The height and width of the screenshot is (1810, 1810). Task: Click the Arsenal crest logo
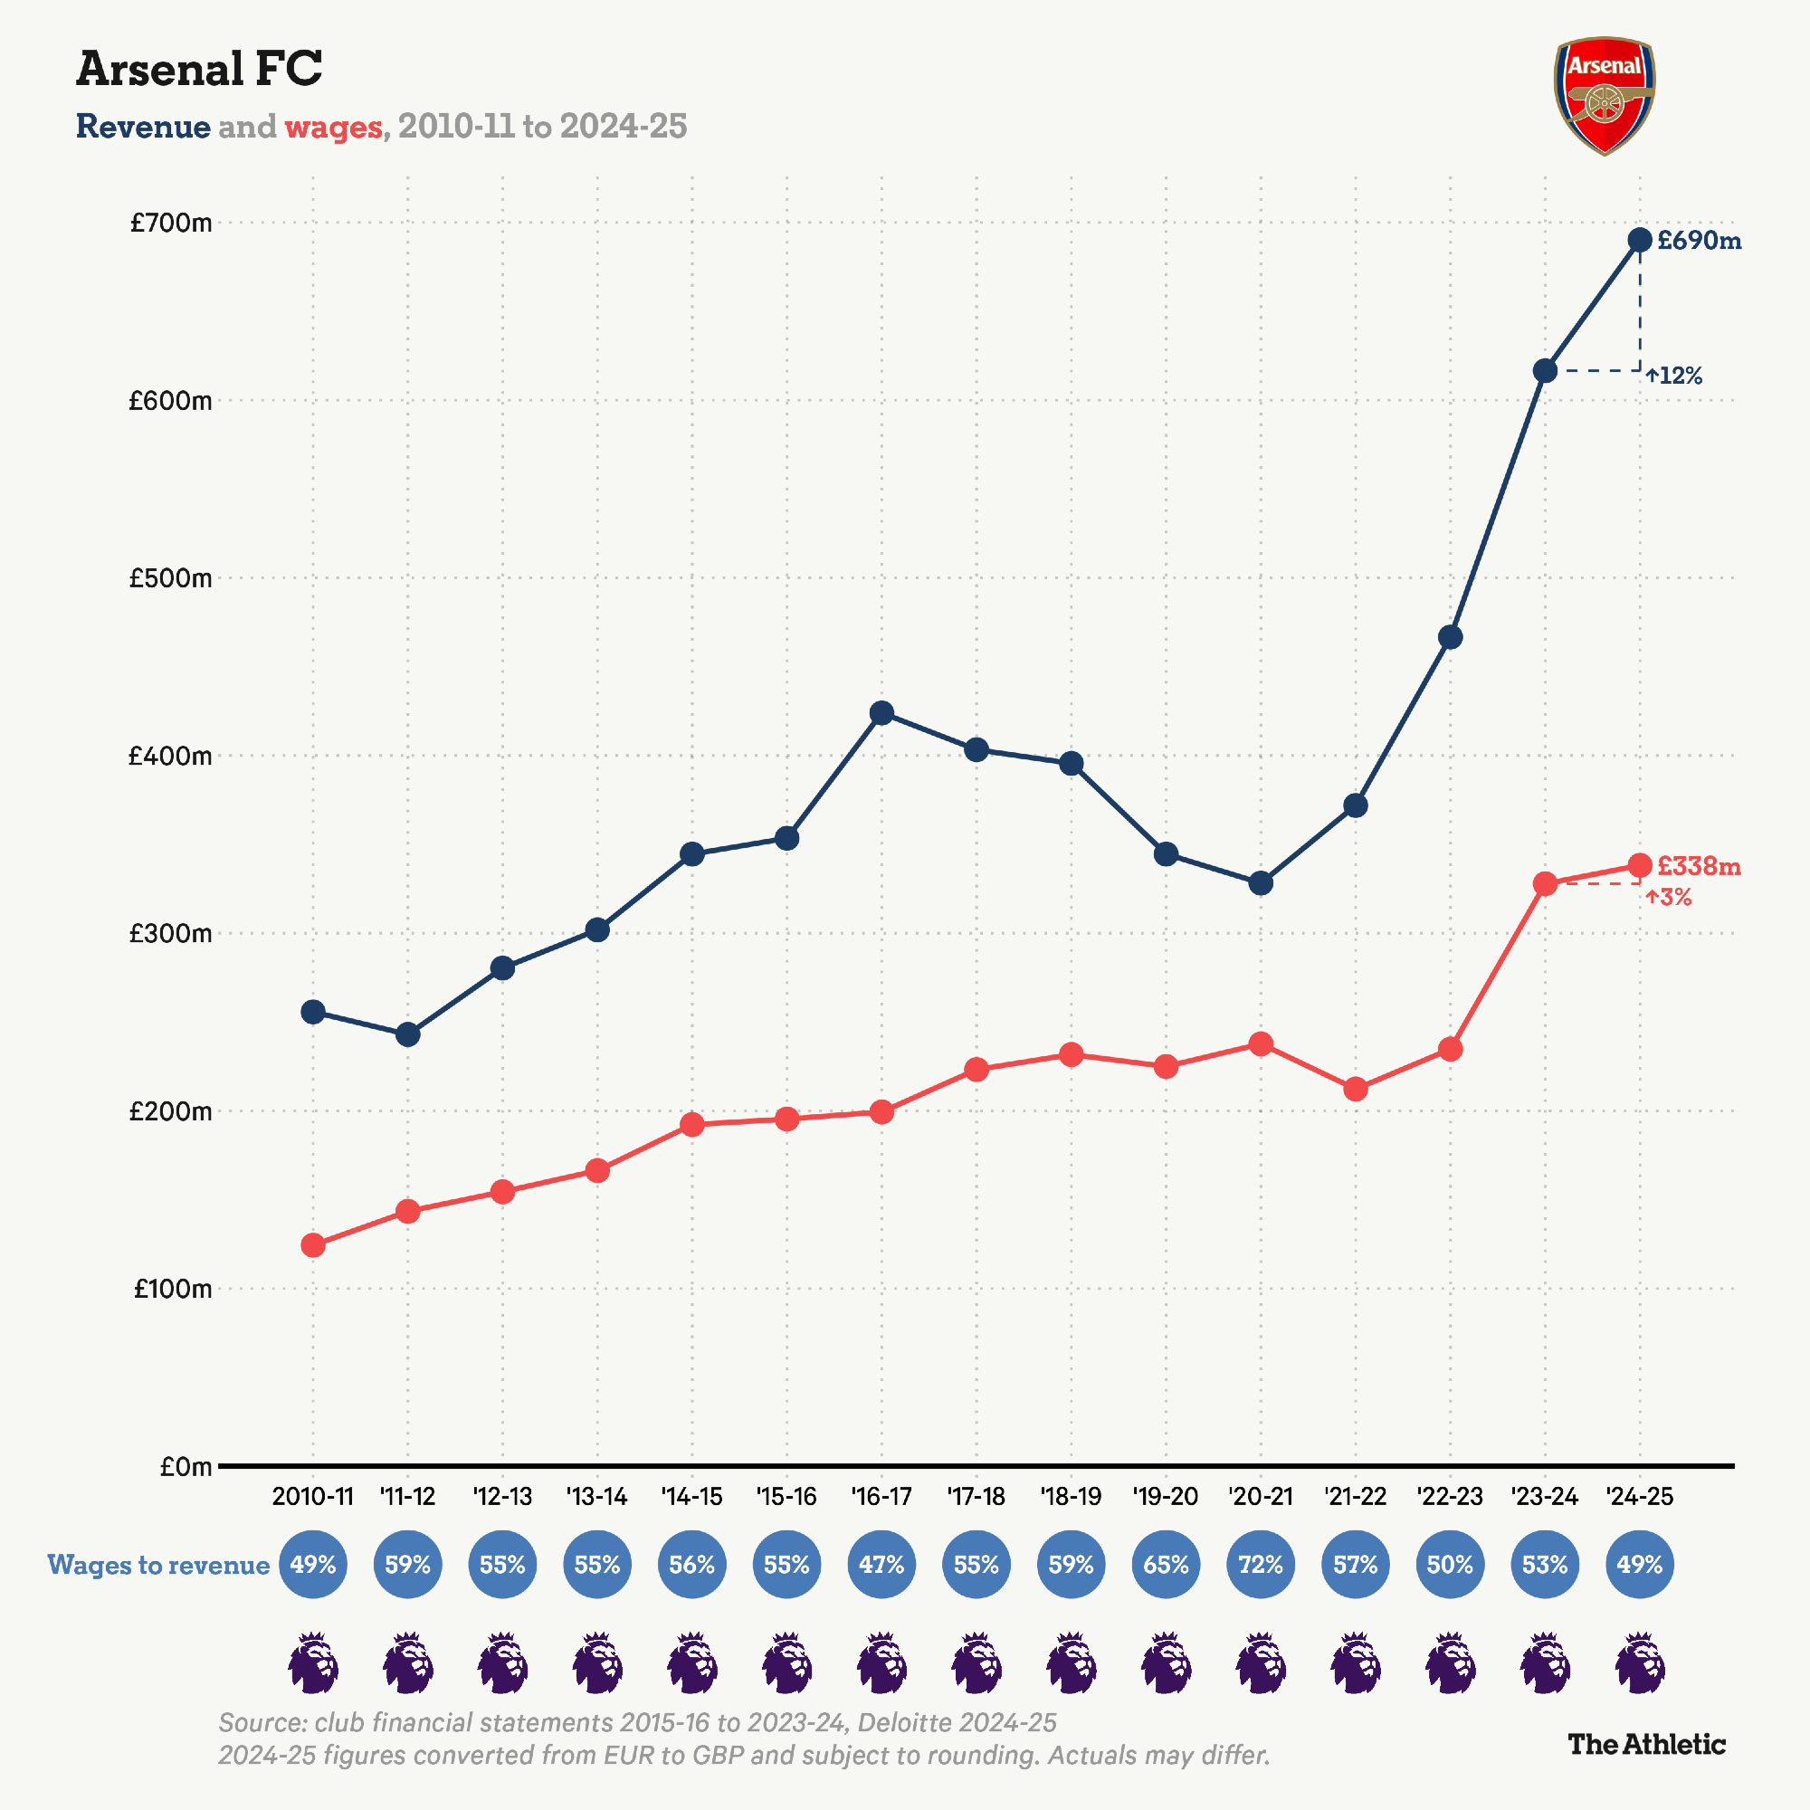pos(1604,96)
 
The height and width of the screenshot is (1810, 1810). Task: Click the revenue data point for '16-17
pos(881,713)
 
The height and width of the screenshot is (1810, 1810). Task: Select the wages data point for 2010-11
pos(313,1245)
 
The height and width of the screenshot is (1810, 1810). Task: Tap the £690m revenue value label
pos(1699,241)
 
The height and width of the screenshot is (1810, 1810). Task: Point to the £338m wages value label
pos(1698,866)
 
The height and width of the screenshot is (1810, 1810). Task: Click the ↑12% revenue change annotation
pos(1674,376)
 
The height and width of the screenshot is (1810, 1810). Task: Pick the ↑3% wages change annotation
pos(1669,898)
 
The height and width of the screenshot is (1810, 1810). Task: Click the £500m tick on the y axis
pos(170,578)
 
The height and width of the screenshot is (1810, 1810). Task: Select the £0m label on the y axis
pos(186,1466)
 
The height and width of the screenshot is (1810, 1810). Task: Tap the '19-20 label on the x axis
pos(1166,1496)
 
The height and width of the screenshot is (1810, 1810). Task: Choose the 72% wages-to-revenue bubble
pos(1260,1565)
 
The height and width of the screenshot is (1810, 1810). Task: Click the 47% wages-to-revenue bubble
pos(881,1565)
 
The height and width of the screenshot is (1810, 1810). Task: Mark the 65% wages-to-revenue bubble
pos(1166,1565)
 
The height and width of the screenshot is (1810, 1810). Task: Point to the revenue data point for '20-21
pos(1260,882)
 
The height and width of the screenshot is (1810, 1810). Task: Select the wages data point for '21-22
pos(1355,1090)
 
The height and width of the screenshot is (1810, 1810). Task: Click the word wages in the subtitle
pos(332,127)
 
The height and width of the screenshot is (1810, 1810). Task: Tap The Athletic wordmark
pos(1646,1744)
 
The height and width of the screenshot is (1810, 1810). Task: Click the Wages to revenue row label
pos(158,1565)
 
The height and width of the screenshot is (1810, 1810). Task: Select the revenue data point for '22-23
pos(1449,637)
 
